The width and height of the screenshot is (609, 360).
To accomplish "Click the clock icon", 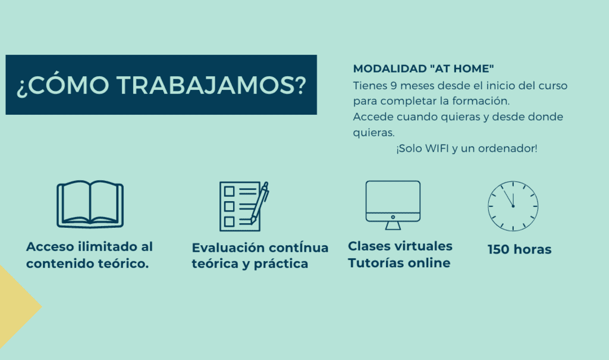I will point(513,206).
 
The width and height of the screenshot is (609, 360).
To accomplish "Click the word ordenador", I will point(510,148).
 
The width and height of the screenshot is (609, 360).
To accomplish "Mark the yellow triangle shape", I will point(15,306).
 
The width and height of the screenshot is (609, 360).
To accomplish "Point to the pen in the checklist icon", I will point(260,202).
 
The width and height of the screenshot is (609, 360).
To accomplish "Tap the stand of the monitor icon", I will point(393,225).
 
